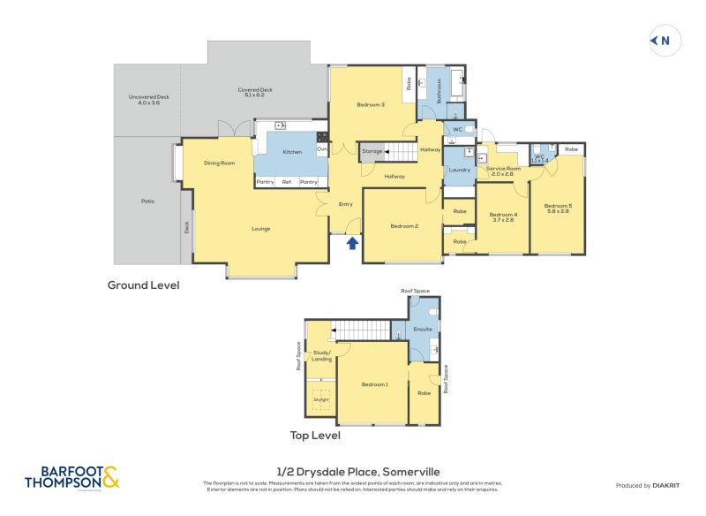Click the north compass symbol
click(661, 40)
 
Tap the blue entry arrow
click(352, 242)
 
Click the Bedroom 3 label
click(371, 105)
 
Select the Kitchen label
click(292, 152)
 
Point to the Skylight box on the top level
click(320, 399)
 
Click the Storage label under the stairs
click(372, 152)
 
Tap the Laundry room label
click(459, 170)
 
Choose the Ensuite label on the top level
click(423, 329)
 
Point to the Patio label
click(147, 201)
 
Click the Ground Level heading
click(143, 285)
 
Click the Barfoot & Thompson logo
click(71, 478)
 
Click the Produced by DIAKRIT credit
click(648, 486)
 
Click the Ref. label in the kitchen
click(287, 182)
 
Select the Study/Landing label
click(322, 355)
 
